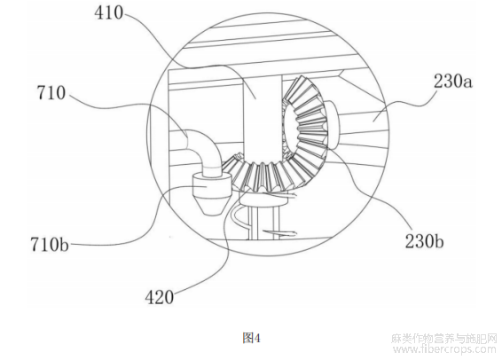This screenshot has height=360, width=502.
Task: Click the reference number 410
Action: (x=109, y=13)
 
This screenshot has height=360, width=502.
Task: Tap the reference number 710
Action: (x=51, y=93)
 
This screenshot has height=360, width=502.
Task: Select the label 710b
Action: (x=50, y=245)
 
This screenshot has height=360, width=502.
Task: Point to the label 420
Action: (x=160, y=297)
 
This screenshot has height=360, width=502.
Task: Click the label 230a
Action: (x=452, y=81)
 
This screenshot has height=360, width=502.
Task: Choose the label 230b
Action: (x=424, y=241)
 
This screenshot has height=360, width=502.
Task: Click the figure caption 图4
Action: (x=252, y=338)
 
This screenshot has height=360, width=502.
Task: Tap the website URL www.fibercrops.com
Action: (x=444, y=348)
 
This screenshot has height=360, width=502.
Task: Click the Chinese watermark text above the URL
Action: (x=444, y=339)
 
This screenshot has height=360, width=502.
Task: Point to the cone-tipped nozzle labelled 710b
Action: (x=212, y=193)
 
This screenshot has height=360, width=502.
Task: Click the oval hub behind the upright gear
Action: (x=333, y=125)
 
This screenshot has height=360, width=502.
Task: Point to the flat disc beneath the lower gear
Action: (x=263, y=200)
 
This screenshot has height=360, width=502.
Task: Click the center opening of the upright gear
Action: (x=291, y=128)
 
